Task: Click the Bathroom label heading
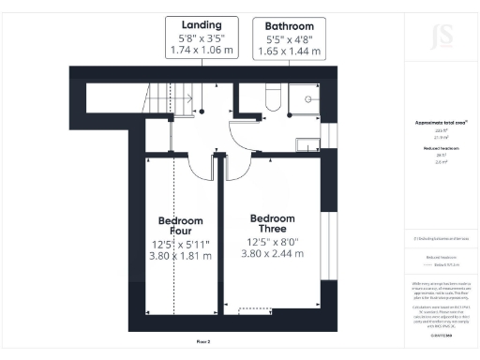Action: click(290, 25)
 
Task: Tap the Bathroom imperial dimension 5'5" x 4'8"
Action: click(290, 39)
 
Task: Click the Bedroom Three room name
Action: click(273, 223)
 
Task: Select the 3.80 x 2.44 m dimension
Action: click(273, 252)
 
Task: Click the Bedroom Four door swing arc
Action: click(201, 167)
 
